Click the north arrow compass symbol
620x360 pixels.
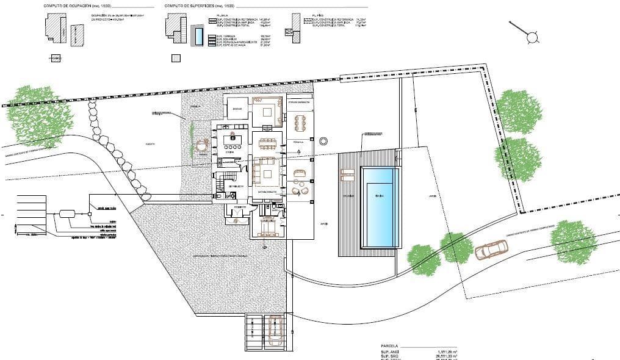tap(532, 37)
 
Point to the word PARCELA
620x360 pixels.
tap(389, 345)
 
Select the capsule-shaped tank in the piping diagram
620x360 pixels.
tap(66, 214)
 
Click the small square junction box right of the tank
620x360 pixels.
tap(90, 214)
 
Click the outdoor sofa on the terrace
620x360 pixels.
tap(299, 173)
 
